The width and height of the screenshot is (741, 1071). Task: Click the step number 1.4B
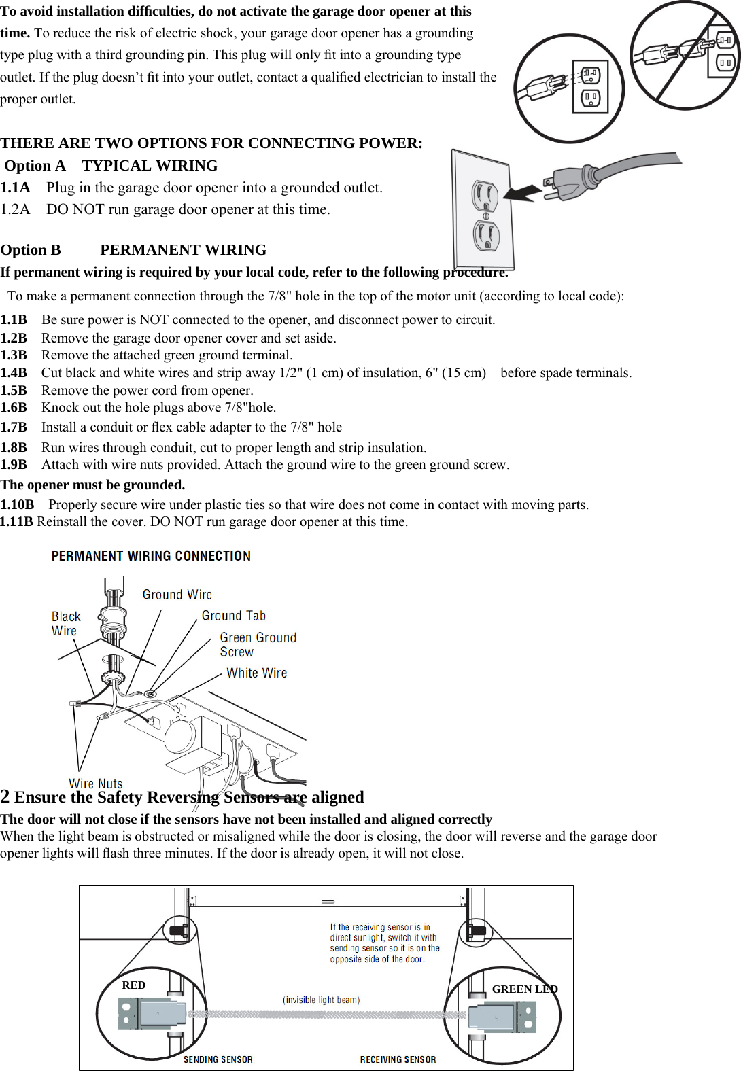[x=14, y=373]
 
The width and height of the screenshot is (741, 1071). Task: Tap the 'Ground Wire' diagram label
[x=177, y=595]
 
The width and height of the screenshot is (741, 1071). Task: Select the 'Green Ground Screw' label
[x=258, y=645]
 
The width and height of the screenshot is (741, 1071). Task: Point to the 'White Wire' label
[x=256, y=673]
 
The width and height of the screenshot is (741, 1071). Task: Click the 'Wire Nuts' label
[x=95, y=784]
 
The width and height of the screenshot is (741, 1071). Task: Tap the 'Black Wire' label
[x=66, y=623]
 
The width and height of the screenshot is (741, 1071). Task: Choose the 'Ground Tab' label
[x=233, y=616]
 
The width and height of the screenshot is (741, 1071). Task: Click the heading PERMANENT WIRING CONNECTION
[x=151, y=556]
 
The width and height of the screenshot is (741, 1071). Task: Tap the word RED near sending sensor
[x=133, y=985]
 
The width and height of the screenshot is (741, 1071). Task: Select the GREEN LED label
[x=524, y=989]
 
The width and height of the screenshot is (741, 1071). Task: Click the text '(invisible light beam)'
[x=321, y=1000]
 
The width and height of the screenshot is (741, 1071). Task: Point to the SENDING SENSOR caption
[x=218, y=1059]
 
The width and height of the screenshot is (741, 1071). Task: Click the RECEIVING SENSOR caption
[x=398, y=1059]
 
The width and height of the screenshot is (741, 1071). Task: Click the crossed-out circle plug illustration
[x=684, y=56]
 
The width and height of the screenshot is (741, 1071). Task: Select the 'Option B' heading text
[x=31, y=250]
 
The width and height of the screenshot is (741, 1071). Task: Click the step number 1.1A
[x=15, y=188]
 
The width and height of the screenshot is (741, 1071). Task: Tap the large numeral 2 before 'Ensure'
[x=5, y=796]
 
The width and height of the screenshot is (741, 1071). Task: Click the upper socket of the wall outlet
[x=485, y=196]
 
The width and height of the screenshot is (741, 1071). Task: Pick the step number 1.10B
[x=17, y=505]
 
